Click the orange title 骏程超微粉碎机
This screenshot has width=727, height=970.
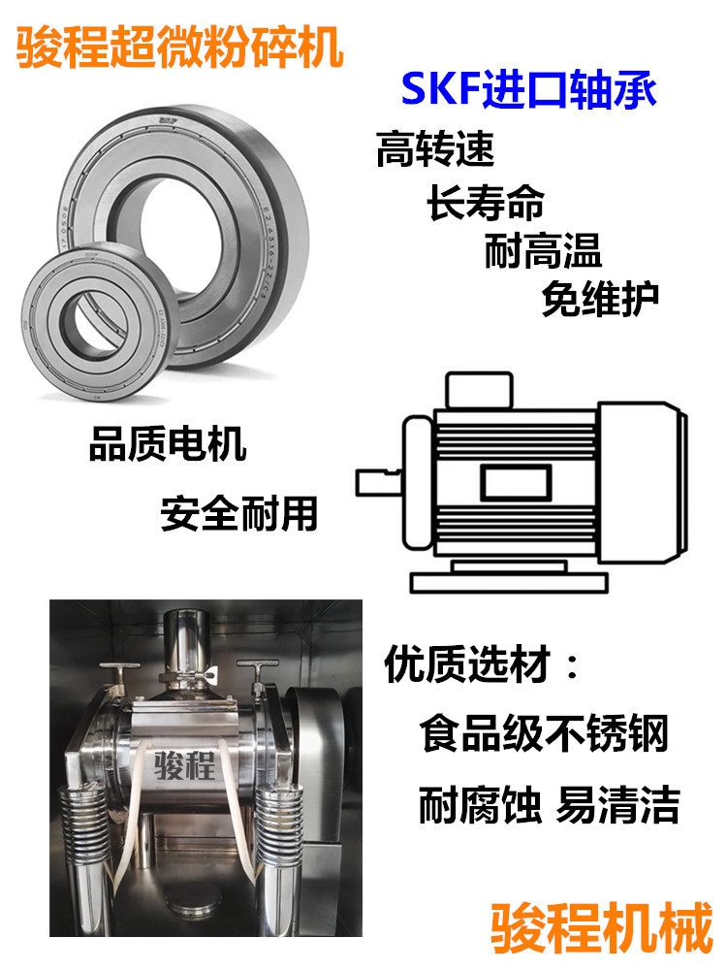pyautogui.click(x=180, y=47)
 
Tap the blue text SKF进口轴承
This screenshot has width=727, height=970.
pyautogui.click(x=529, y=90)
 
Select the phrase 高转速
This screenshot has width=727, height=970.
pyautogui.click(x=436, y=149)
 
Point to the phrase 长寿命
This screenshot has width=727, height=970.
pyautogui.click(x=486, y=202)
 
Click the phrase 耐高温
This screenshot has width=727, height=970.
pyautogui.click(x=544, y=250)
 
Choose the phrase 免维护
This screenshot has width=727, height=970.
pyautogui.click(x=601, y=300)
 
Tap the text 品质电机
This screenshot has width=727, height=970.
pyautogui.click(x=168, y=443)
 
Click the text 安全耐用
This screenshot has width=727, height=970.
pyautogui.click(x=239, y=513)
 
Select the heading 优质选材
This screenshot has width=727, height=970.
pyautogui.click(x=467, y=663)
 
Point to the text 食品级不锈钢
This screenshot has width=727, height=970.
pyautogui.click(x=545, y=733)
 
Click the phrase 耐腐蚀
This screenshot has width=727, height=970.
pyautogui.click(x=480, y=804)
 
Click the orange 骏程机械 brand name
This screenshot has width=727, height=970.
pyautogui.click(x=602, y=928)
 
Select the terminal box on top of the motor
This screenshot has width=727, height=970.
pyautogui.click(x=479, y=390)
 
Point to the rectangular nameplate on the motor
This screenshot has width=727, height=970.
pyautogui.click(x=516, y=483)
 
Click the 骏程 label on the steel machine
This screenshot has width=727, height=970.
pyautogui.click(x=184, y=765)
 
